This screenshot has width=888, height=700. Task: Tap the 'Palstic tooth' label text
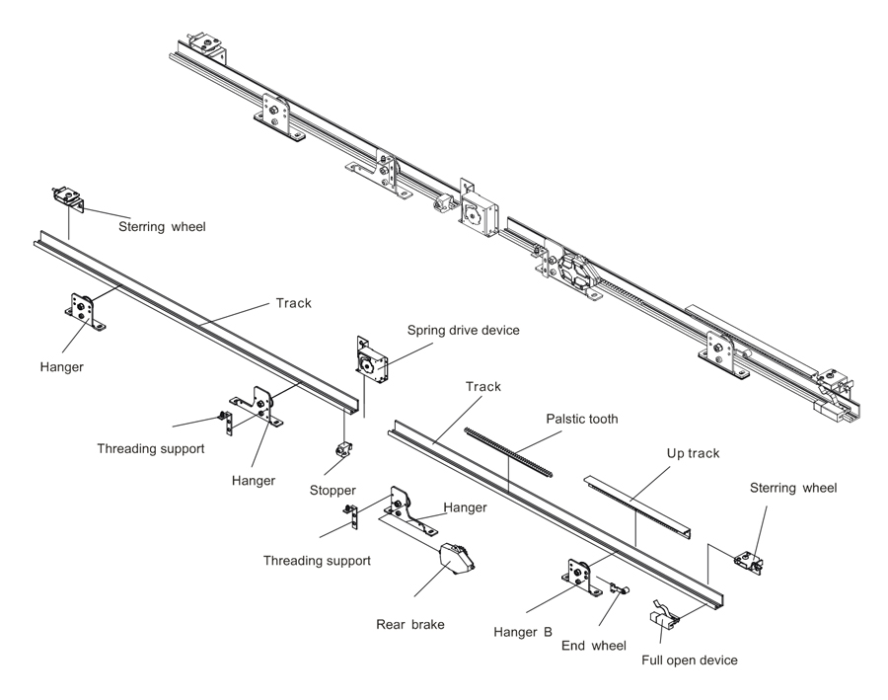[x=582, y=419]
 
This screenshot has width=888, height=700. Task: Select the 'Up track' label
[x=693, y=453]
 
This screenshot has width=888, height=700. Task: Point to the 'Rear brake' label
[x=410, y=624]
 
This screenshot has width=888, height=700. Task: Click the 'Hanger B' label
[x=522, y=631]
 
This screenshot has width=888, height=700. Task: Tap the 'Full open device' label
[x=689, y=660]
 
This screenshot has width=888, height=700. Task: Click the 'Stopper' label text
[x=332, y=490]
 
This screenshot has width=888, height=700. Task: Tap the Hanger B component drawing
[x=580, y=577]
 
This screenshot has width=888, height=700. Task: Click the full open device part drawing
[x=662, y=615]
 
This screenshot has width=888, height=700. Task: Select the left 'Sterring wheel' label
[x=162, y=226]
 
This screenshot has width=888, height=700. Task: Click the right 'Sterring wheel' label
[x=792, y=487]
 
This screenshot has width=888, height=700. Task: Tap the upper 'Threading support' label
[x=151, y=448]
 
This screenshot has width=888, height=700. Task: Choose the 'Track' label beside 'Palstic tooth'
[x=483, y=386]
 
